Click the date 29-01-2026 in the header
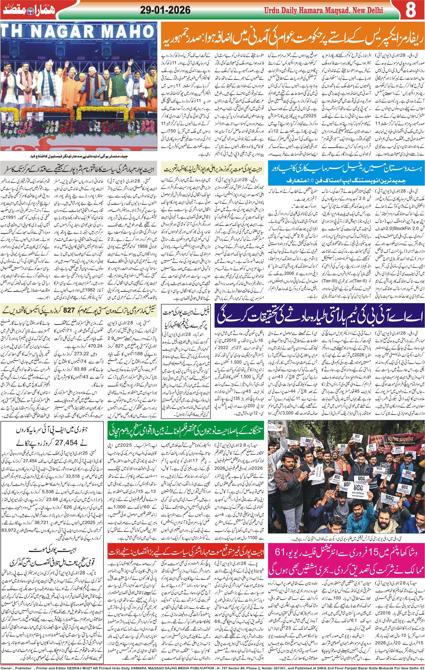[165, 10]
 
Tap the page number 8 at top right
[410, 10]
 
